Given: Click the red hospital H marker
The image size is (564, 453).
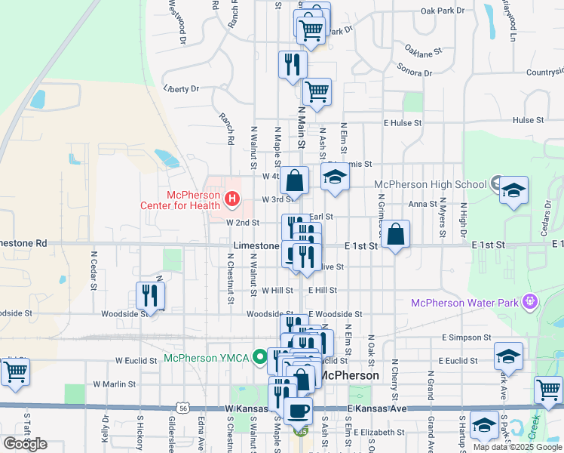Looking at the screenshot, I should pos(232,200).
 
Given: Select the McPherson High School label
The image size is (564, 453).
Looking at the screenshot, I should pos(430,184).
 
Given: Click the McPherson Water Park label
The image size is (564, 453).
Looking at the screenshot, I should pos(465,303).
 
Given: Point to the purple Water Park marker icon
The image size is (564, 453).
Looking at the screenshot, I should pos(532,302).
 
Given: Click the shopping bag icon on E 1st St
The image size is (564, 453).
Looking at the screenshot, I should pos(395,236).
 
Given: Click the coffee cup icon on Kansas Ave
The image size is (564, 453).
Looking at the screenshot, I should pos(299,411).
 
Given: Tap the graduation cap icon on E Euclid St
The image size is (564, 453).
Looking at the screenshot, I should pos(508,356).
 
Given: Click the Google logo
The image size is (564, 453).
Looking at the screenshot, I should pos(25,443).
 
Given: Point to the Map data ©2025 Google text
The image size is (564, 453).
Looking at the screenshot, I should pos(517,447).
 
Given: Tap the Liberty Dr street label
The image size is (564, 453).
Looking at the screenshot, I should pos(181,88).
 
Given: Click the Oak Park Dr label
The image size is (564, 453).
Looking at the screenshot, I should pos(443,11).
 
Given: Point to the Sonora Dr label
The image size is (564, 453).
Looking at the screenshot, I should pos(417,73).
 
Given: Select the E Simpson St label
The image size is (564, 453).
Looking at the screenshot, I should pos(467,337).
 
